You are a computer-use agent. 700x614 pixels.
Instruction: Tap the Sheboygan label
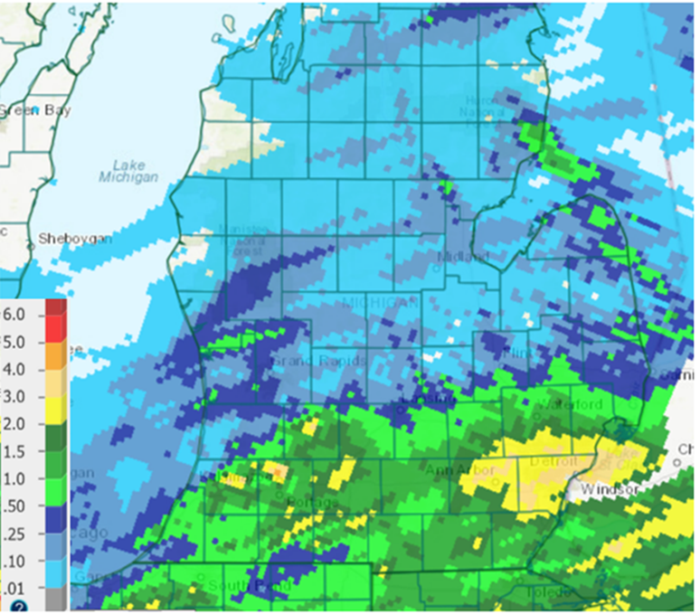[73, 239]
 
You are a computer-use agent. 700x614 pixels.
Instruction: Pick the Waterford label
[569, 404]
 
